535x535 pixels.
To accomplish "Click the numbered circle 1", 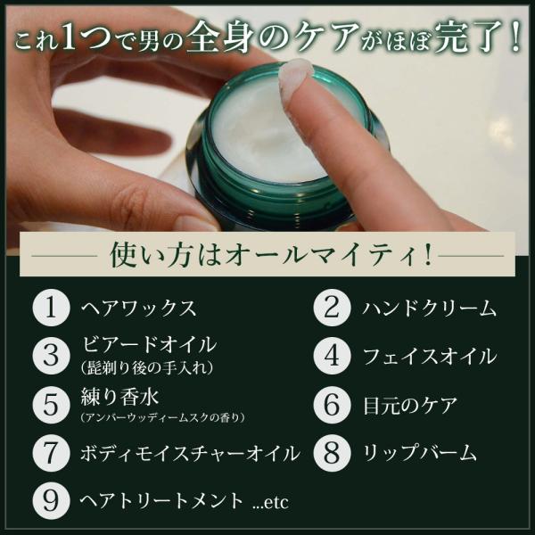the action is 51,308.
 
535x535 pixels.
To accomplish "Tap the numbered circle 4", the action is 332,356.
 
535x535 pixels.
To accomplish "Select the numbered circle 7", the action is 51,453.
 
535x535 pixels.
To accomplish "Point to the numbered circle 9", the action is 51,500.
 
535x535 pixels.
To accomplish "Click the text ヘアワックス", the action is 139,309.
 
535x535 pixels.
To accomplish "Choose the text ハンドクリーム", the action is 429,309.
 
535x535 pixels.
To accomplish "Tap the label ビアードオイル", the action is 149,344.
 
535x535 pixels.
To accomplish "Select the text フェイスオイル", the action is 430,356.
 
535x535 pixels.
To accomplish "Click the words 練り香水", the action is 119,397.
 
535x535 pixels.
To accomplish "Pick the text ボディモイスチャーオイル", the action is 190,454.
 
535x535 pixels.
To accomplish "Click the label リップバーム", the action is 419,453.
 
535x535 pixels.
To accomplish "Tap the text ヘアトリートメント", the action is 161,501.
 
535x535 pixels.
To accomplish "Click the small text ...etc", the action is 271,503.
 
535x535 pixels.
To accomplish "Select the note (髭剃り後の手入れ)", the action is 148,367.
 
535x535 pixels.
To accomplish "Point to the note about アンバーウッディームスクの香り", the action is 163,417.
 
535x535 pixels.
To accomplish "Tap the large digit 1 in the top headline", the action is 69,38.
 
